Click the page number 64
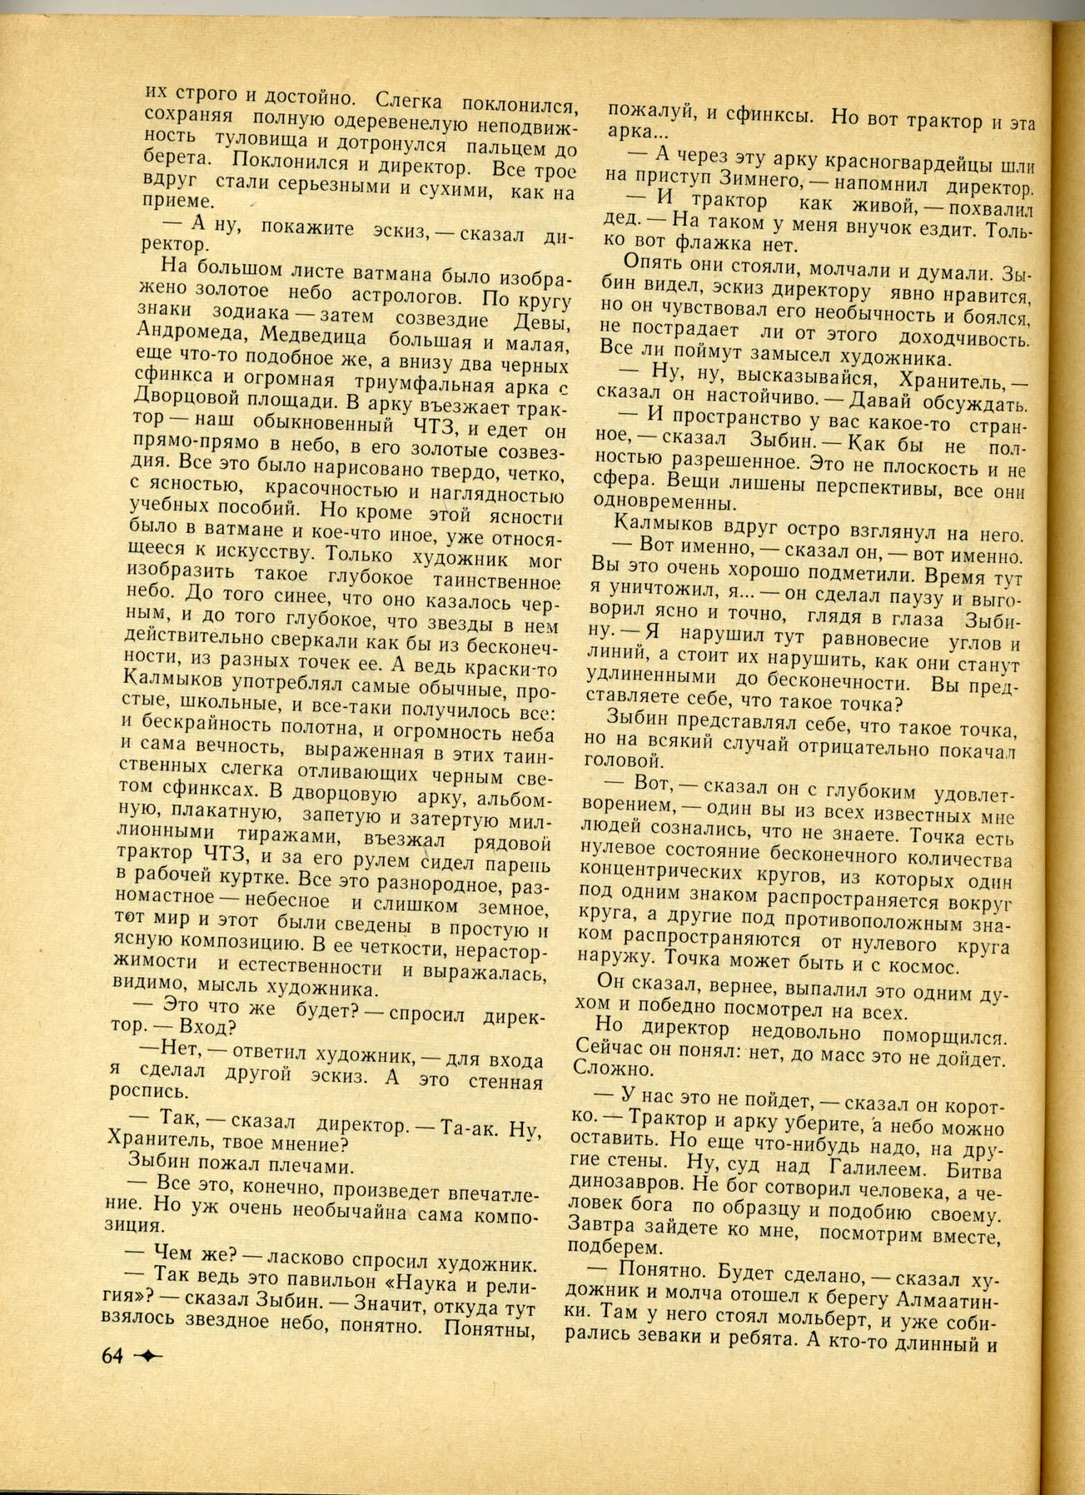click(112, 1355)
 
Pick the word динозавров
click(621, 1181)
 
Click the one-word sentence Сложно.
click(613, 1069)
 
